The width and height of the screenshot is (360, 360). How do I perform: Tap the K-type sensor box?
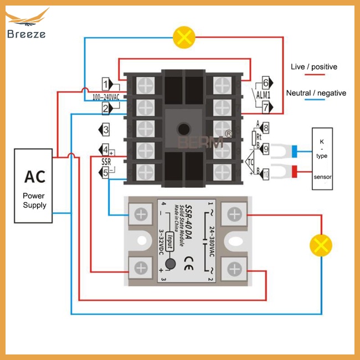(x=321, y=158)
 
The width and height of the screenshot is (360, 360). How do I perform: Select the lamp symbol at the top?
(x=184, y=37)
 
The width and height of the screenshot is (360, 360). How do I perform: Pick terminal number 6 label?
(x=265, y=83)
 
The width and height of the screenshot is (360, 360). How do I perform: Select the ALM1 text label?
(x=261, y=95)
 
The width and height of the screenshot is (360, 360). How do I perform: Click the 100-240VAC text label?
(x=105, y=97)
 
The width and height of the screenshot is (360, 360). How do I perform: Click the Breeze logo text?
(x=27, y=34)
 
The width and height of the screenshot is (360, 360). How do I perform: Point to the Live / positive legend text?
(x=313, y=67)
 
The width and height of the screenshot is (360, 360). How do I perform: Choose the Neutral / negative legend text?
(x=316, y=93)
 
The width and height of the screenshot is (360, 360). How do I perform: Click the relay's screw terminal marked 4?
(x=141, y=213)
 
